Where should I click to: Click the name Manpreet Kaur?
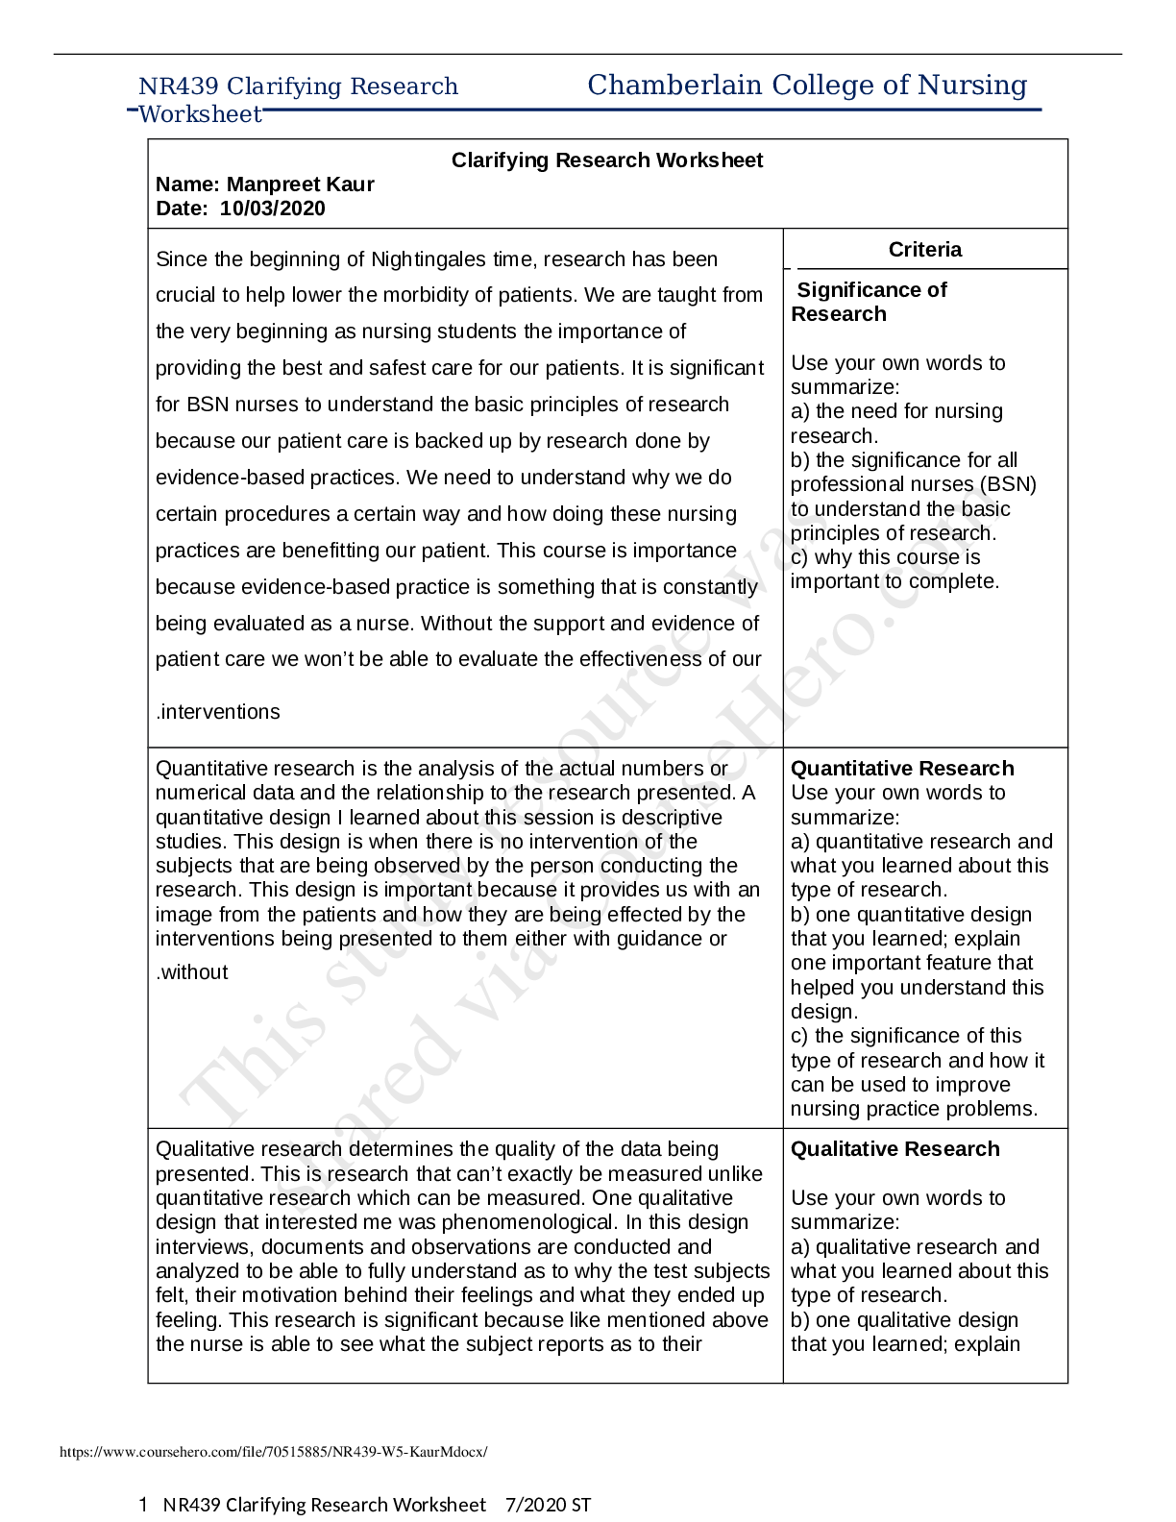(313, 184)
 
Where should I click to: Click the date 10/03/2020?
(272, 209)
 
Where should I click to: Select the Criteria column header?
(924, 250)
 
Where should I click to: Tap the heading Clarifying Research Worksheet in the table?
(607, 160)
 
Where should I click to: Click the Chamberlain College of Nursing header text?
(807, 86)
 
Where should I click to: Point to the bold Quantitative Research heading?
(902, 769)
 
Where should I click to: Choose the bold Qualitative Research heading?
(894, 1149)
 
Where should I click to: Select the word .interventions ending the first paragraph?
(218, 712)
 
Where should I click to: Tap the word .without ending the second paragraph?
(192, 972)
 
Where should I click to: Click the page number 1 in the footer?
(143, 1505)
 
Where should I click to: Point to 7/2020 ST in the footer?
(548, 1505)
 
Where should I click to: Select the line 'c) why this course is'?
(885, 557)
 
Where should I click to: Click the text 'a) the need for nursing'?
(896, 411)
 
